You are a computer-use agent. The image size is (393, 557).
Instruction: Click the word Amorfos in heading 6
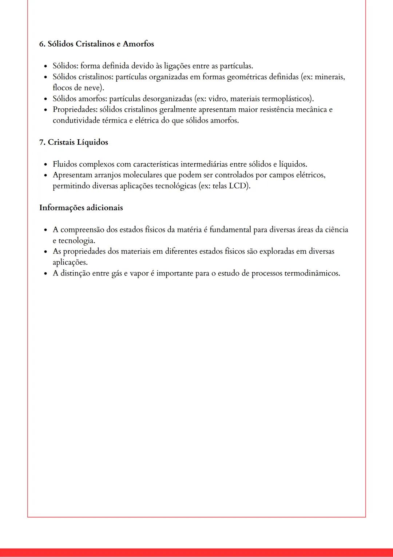(x=138, y=44)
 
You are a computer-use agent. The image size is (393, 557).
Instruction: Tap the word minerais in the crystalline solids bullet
(x=329, y=77)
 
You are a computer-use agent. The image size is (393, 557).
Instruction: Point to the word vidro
(x=218, y=99)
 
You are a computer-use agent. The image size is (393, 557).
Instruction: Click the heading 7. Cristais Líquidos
(x=74, y=142)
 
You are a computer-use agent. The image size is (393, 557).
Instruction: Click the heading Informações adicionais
(x=81, y=208)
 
